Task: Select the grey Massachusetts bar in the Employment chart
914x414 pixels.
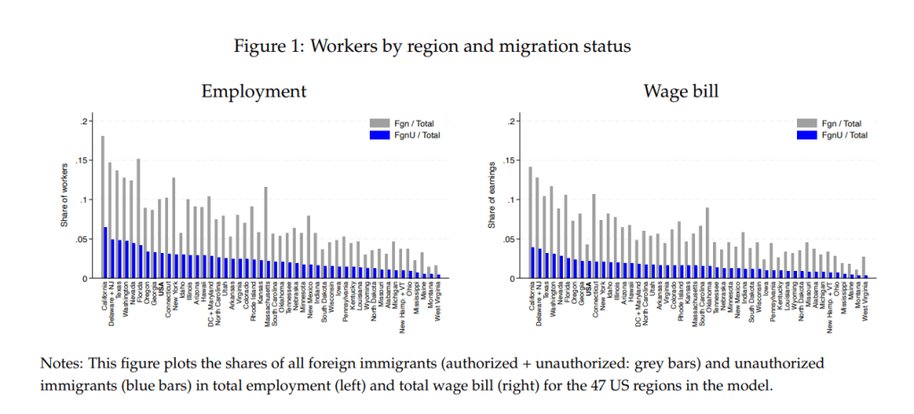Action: [x=265, y=224]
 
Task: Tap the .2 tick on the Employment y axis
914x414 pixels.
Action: [x=85, y=122]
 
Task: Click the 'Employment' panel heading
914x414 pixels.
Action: [x=254, y=91]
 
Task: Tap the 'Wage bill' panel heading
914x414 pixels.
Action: [x=682, y=91]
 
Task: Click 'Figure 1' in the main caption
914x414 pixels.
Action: [x=266, y=46]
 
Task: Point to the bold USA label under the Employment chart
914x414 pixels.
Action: [x=161, y=289]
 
